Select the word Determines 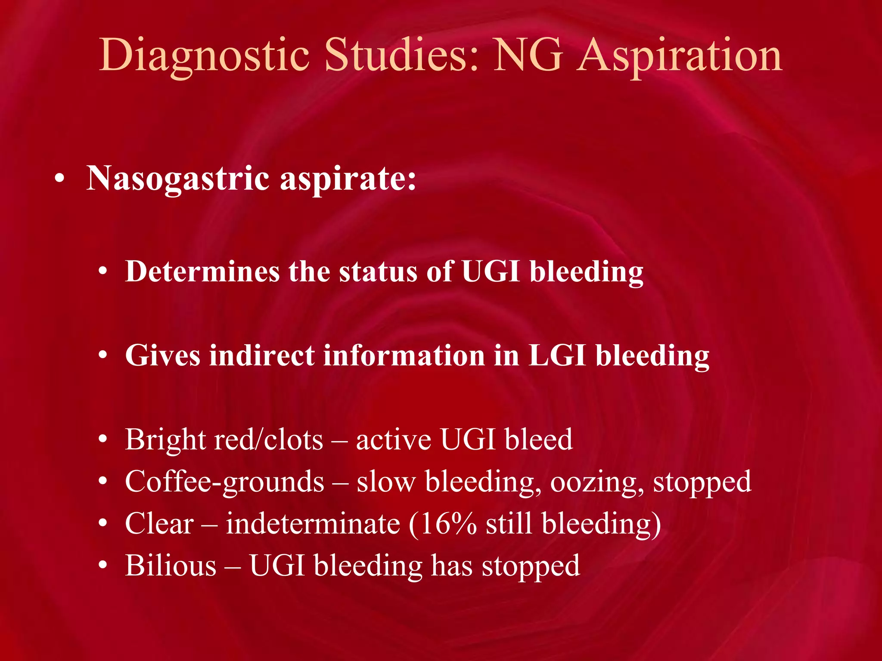202,272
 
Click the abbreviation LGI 556,355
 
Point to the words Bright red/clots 224,440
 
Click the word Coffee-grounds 224,482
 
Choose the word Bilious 171,565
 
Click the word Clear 159,524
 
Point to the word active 393,440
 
